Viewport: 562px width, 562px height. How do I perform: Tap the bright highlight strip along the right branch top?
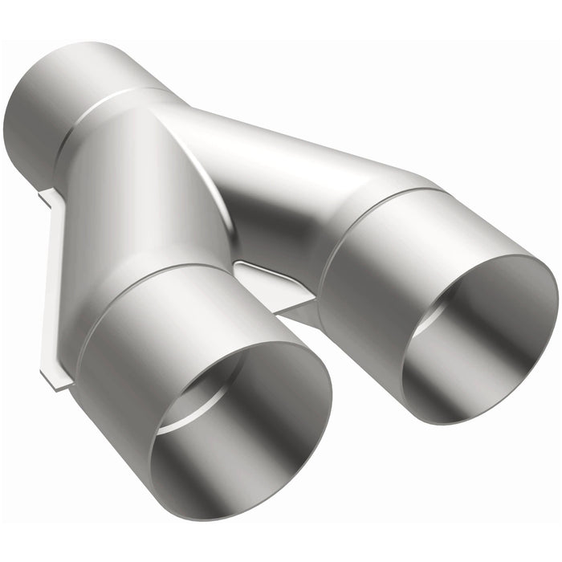pos(305,136)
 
